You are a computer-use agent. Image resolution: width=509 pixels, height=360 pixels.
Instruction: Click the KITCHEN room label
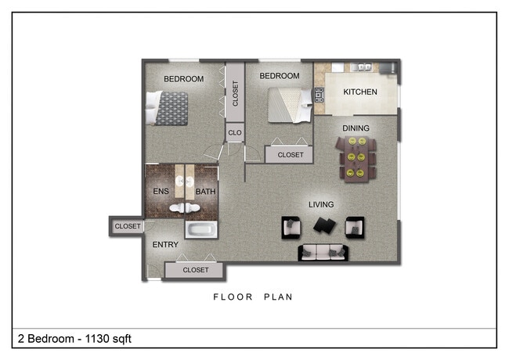pyautogui.click(x=360, y=92)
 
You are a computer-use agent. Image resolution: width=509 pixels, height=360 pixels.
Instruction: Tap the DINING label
pyautogui.click(x=356, y=128)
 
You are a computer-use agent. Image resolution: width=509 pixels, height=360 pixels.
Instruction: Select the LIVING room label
pyautogui.click(x=321, y=205)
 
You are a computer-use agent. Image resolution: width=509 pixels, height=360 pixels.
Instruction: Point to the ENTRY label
pyautogui.click(x=165, y=245)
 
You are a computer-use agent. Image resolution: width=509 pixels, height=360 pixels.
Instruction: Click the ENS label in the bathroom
pyautogui.click(x=160, y=192)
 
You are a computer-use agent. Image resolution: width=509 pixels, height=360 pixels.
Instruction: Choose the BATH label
pyautogui.click(x=205, y=192)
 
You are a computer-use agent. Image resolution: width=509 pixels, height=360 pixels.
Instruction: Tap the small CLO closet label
pyautogui.click(x=235, y=133)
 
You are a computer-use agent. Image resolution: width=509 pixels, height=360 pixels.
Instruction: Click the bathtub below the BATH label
pyautogui.click(x=201, y=229)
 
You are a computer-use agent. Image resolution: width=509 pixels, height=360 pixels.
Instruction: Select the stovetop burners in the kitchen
pyautogui.click(x=319, y=95)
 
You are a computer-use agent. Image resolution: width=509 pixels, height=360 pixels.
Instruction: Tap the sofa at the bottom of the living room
pyautogui.click(x=322, y=252)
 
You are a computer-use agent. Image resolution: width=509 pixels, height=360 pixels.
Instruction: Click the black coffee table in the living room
pyautogui.click(x=323, y=226)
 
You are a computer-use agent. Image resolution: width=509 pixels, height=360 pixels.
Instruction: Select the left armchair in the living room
pyautogui.click(x=292, y=227)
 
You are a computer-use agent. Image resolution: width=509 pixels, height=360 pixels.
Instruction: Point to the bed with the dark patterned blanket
pyautogui.click(x=170, y=108)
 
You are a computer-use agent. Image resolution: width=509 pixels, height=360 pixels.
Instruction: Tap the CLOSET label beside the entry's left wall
pyautogui.click(x=128, y=227)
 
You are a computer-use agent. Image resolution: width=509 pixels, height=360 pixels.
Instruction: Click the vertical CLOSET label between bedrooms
pyautogui.click(x=235, y=93)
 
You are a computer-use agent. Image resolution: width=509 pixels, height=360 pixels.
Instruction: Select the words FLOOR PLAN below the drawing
pyautogui.click(x=253, y=297)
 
